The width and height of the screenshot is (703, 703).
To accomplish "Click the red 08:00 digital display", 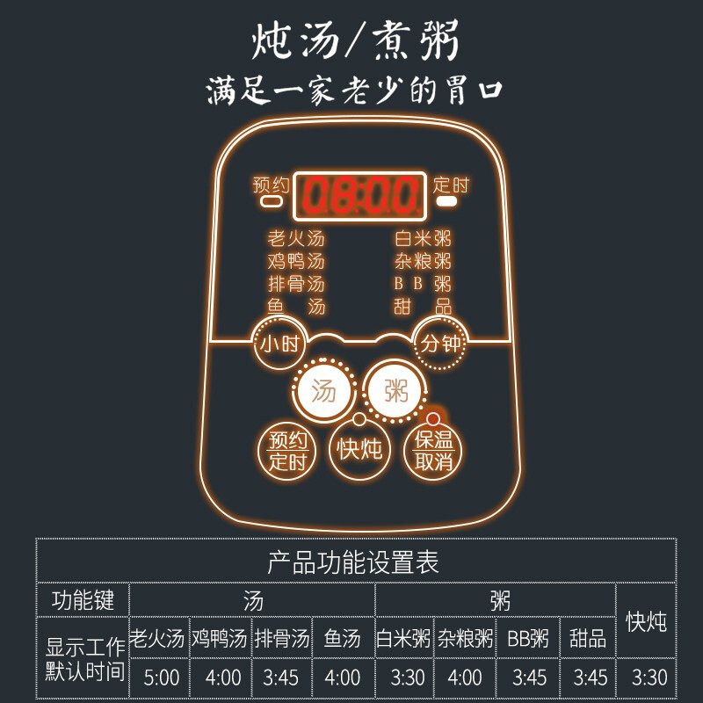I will tap(360, 194).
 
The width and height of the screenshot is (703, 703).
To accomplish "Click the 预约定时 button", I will tap(286, 450).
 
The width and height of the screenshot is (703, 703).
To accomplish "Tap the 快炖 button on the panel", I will tap(359, 449).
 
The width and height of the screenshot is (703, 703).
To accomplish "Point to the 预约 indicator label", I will tap(271, 185).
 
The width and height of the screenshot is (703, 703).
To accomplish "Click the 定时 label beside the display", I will tap(451, 185).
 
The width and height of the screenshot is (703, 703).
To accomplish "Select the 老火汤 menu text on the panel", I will tap(296, 238).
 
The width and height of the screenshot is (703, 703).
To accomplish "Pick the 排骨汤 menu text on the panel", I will tap(296, 284).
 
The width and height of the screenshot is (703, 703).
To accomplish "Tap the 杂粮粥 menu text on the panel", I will tap(423, 261).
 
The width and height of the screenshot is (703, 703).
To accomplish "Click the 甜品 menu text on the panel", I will tap(423, 307).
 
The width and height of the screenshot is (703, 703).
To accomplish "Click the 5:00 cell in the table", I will tap(161, 677).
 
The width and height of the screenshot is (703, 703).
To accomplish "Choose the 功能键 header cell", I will tap(83, 600).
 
